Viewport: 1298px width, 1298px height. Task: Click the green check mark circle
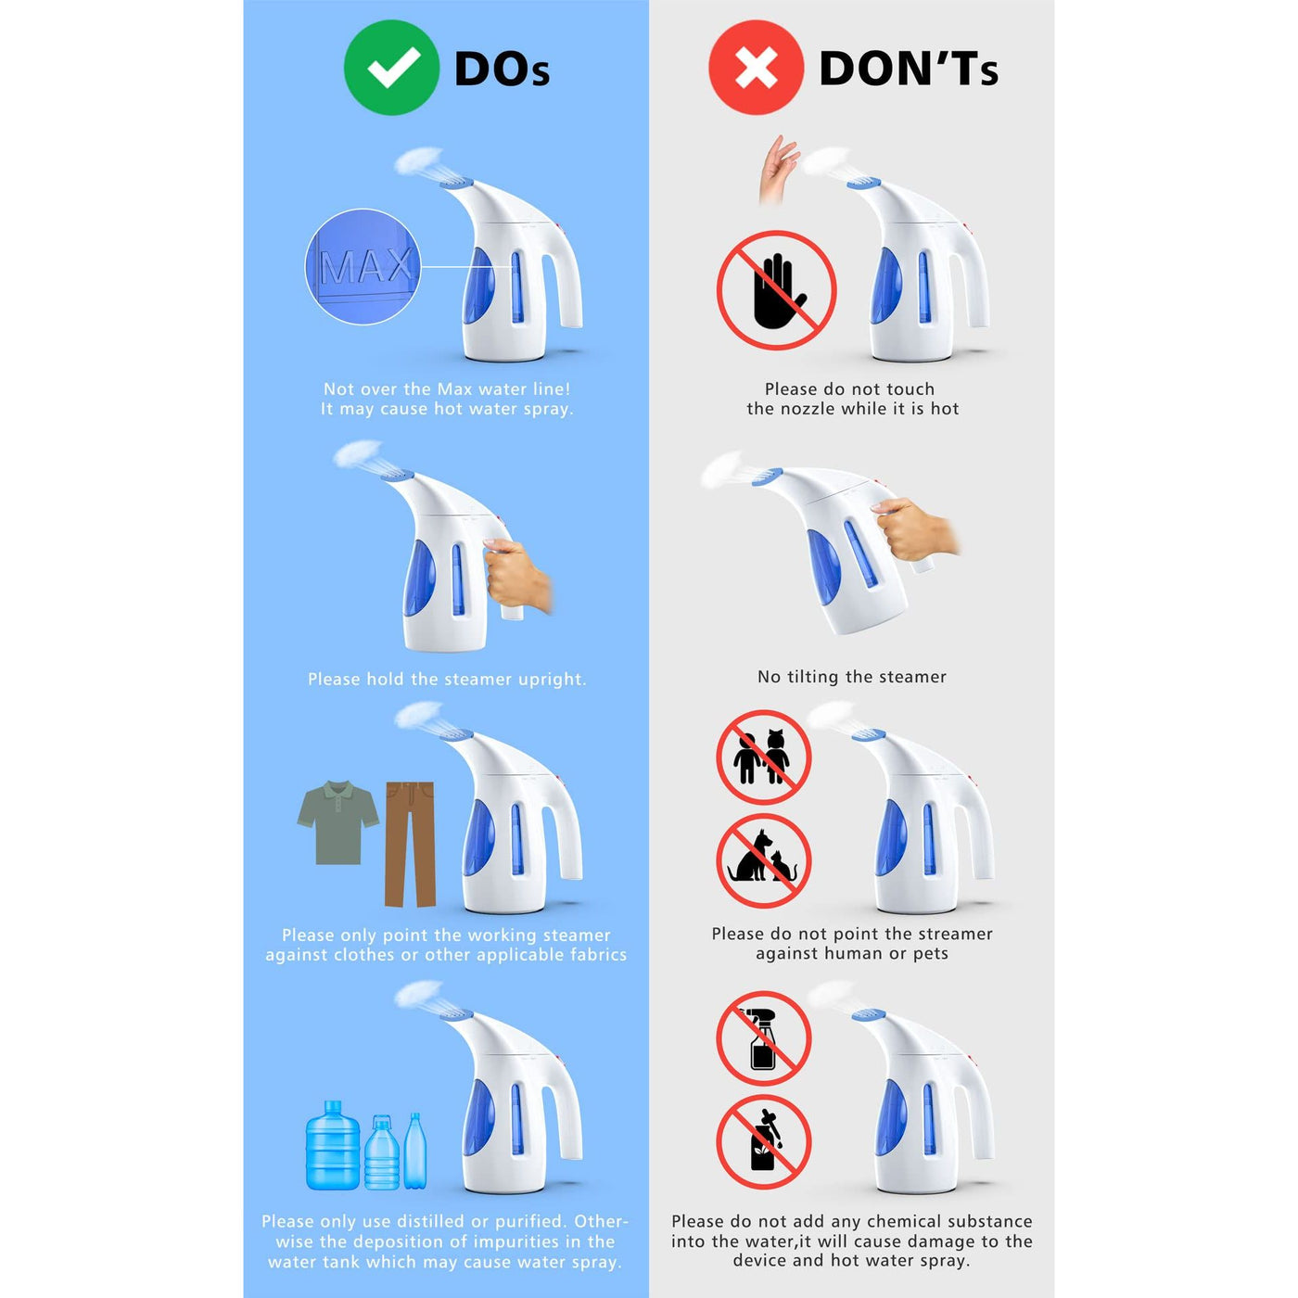[391, 68]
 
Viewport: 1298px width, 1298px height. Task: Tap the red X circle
[756, 68]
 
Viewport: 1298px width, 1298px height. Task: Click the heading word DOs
[502, 70]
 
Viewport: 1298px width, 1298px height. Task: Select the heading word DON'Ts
[908, 69]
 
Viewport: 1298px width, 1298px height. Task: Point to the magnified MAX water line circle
[363, 267]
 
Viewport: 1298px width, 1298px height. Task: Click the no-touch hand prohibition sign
[776, 290]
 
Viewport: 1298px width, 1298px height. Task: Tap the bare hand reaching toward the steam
[778, 169]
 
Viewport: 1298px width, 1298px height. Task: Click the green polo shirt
[338, 822]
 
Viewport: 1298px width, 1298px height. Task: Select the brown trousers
[410, 844]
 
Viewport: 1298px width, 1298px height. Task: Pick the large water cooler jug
[333, 1145]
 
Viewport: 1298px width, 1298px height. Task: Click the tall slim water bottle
[415, 1152]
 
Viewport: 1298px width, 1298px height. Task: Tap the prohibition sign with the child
[763, 757]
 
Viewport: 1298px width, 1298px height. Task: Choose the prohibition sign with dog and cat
[763, 860]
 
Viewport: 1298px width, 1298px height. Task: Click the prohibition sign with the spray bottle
[763, 1038]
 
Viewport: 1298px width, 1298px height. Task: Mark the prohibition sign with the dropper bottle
[763, 1141]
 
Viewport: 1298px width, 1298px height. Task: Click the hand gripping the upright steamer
[517, 574]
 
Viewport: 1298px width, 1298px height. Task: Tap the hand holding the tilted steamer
[914, 528]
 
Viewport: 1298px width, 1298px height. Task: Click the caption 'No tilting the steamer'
[851, 676]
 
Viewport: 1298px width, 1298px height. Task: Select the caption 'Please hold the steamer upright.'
[447, 679]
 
